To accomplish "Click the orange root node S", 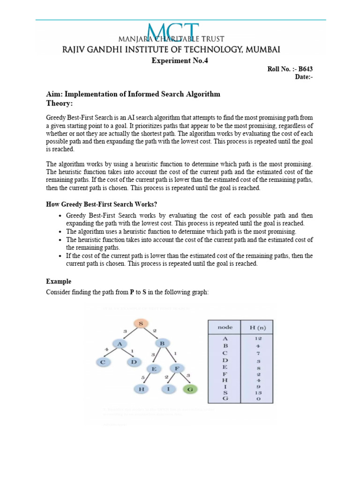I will (142, 323).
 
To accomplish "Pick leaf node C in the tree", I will (103, 362).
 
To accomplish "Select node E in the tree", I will (153, 369).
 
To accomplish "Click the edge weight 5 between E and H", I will (142, 378).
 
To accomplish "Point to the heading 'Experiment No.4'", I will (180, 60).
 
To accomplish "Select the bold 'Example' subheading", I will (59, 281).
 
